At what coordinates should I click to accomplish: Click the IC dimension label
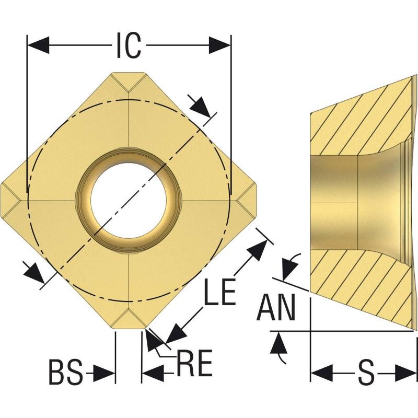point(129,45)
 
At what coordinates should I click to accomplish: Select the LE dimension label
point(219,292)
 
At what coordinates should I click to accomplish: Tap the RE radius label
point(194,363)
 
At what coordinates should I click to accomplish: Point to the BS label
point(66,372)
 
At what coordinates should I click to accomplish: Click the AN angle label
point(276,307)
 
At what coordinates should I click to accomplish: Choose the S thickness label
point(367,373)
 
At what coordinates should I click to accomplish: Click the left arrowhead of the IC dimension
point(38,45)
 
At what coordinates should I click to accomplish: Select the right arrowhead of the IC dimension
point(219,45)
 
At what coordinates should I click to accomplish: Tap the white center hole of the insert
point(129,201)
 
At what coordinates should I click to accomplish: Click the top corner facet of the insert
point(129,80)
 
